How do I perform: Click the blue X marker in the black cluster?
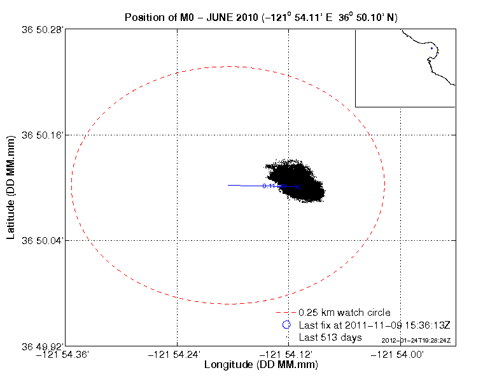[297, 186]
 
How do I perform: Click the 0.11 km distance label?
[269, 186]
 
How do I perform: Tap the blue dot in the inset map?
[431, 48]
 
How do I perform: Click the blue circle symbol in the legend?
[286, 325]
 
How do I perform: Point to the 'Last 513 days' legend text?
[330, 337]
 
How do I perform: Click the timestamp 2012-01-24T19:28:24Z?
[416, 340]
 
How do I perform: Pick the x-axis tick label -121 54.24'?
[176, 355]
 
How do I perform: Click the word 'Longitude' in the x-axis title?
[229, 365]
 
